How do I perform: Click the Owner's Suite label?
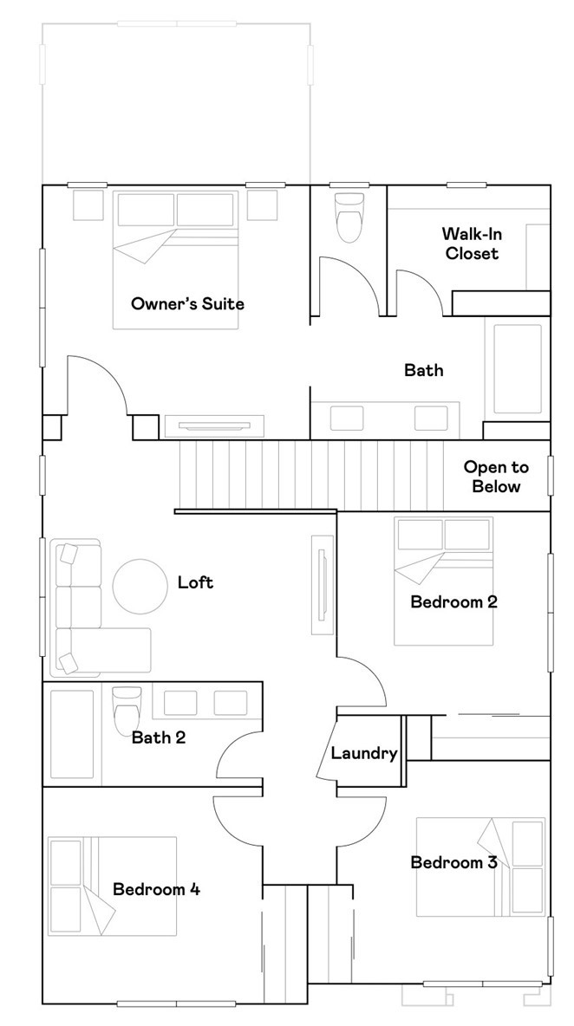[x=187, y=303]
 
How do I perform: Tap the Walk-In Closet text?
[x=472, y=244]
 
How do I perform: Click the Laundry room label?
[x=364, y=753]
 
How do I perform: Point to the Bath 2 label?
[x=159, y=738]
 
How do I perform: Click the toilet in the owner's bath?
[x=349, y=217]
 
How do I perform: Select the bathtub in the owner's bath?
[x=518, y=369]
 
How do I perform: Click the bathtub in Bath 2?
[x=71, y=734]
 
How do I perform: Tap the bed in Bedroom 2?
[x=444, y=581]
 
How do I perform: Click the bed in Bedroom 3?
[x=479, y=867]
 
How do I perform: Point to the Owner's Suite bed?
[x=175, y=260]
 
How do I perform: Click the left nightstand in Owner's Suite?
[x=88, y=205]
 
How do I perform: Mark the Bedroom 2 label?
[x=453, y=601]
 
